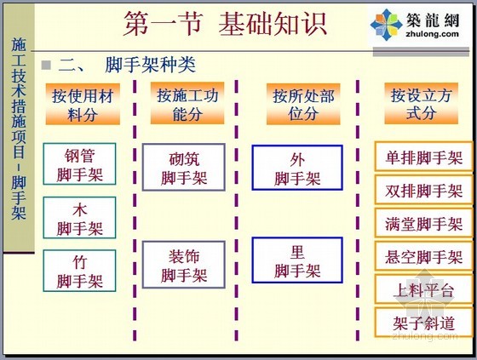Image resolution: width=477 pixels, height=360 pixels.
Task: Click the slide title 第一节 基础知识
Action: (x=225, y=24)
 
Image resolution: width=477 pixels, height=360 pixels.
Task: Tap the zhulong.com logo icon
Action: (x=386, y=25)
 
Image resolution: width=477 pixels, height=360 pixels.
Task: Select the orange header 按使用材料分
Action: (x=83, y=105)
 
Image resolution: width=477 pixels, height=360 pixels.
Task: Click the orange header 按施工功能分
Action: (x=187, y=103)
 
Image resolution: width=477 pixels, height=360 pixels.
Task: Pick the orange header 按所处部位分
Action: (x=303, y=104)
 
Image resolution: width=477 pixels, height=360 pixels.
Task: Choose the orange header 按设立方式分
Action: (x=422, y=103)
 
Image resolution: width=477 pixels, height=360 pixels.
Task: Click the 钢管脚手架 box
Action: (x=79, y=164)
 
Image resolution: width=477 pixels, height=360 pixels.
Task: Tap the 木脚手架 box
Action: (x=79, y=217)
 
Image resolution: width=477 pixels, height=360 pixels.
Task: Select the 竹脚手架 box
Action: (x=79, y=271)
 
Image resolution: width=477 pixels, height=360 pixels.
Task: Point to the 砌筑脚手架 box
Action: (x=184, y=167)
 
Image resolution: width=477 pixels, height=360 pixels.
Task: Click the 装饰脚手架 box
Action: (x=184, y=265)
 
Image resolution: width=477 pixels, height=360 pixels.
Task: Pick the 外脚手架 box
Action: (x=297, y=168)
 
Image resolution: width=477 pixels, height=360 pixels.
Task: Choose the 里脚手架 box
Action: (x=297, y=260)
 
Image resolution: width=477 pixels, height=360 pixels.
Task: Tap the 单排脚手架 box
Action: (x=423, y=156)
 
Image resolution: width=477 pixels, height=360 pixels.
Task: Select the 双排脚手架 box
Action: (x=423, y=190)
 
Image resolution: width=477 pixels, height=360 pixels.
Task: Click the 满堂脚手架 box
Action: (x=423, y=223)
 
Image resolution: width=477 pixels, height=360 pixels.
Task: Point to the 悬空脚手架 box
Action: (x=423, y=255)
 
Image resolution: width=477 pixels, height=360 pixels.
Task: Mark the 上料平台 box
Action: (x=423, y=289)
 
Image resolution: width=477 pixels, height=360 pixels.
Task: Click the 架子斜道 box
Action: (x=423, y=323)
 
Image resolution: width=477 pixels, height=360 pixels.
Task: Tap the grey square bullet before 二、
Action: (x=46, y=65)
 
